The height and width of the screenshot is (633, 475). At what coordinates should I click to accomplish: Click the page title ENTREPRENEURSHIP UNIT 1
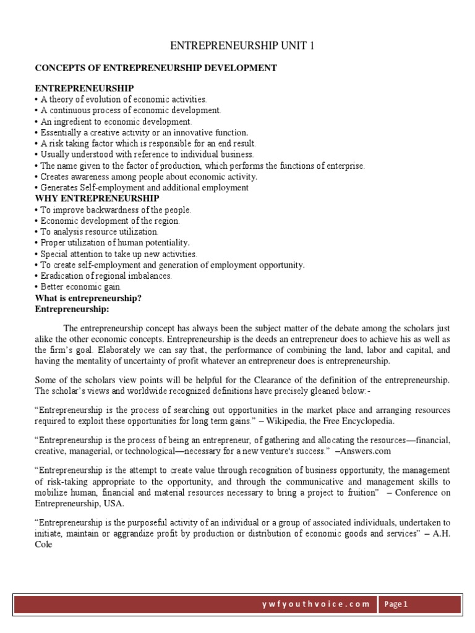click(x=237, y=46)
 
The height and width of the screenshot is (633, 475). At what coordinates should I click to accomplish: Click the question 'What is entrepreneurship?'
click(x=88, y=298)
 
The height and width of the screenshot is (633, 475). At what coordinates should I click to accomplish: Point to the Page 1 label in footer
click(x=396, y=604)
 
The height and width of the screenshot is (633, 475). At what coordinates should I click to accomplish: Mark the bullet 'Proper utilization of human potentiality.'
click(x=113, y=243)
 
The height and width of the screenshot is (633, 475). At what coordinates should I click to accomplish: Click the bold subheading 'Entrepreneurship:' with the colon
click(x=72, y=308)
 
